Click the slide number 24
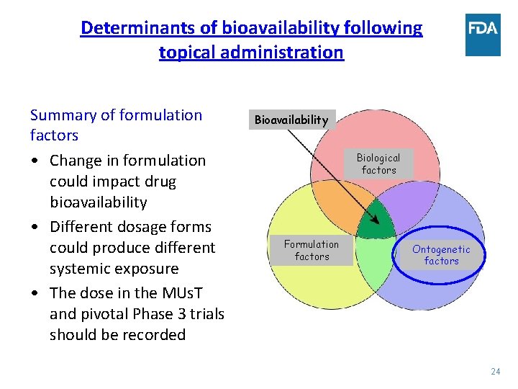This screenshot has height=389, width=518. (495, 372)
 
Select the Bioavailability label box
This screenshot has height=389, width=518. (292, 120)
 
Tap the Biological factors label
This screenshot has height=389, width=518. (378, 164)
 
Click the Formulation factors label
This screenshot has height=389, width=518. (312, 250)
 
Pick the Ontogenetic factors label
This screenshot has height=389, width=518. (441, 255)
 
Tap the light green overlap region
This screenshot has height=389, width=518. (375, 259)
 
